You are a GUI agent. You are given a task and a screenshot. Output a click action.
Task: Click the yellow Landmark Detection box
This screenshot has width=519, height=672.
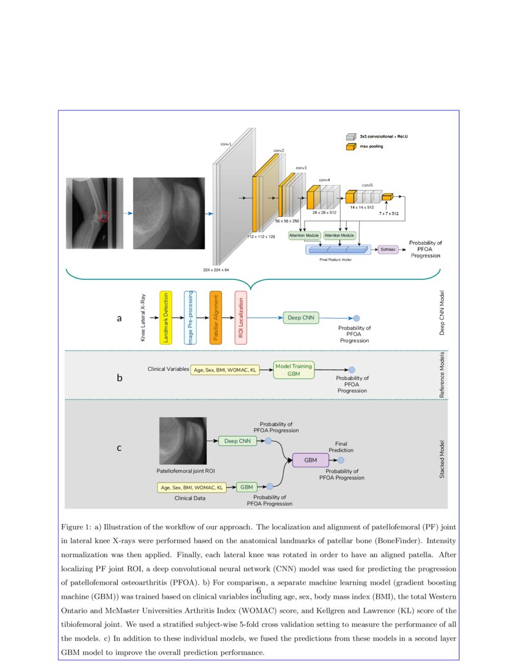click(165, 318)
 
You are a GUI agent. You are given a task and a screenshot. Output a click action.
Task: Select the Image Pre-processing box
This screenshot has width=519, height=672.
click(190, 318)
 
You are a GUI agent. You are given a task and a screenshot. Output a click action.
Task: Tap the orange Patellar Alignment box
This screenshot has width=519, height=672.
click(216, 318)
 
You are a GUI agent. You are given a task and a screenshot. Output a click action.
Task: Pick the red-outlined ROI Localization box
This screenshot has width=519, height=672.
click(241, 318)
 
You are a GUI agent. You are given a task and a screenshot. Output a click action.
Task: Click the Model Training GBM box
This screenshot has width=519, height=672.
click(294, 370)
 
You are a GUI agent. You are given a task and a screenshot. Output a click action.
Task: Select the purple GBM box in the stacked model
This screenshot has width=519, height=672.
click(311, 460)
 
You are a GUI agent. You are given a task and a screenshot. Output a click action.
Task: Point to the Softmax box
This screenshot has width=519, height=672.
click(388, 249)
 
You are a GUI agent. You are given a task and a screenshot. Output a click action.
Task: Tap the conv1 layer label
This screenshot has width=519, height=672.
click(226, 144)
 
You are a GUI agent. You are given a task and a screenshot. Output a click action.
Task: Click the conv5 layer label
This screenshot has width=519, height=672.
click(367, 185)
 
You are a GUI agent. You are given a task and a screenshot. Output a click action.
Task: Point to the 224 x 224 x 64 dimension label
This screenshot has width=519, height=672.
click(216, 269)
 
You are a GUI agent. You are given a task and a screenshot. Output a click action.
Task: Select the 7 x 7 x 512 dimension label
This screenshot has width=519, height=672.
click(388, 214)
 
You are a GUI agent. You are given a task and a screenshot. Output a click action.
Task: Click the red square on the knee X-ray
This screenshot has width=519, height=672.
click(104, 217)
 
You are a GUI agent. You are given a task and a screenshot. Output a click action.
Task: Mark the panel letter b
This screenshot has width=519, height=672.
click(120, 378)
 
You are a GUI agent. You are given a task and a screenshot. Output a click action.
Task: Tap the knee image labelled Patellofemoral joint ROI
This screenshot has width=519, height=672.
click(183, 440)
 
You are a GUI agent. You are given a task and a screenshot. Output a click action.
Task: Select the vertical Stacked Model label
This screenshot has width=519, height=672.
click(442, 459)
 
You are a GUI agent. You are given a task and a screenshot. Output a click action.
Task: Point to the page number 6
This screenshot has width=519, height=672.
click(259, 590)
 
